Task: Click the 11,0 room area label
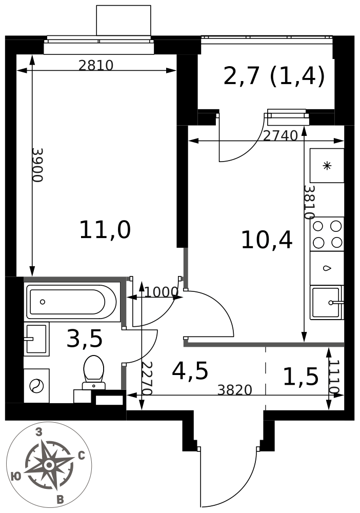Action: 105,230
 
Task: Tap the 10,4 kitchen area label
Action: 267,241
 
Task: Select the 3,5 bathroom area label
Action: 85,339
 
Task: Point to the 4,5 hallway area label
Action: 190,371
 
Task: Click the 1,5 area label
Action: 301,377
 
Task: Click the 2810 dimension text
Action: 96,66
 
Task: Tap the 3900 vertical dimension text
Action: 37,165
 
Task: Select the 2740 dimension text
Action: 281,135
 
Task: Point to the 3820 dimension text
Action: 235,390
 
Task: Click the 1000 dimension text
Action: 161,292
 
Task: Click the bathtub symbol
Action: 71,302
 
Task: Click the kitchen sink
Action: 327,303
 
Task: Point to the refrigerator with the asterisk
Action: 327,166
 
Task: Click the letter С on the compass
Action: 82,456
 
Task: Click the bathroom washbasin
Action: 36,339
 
